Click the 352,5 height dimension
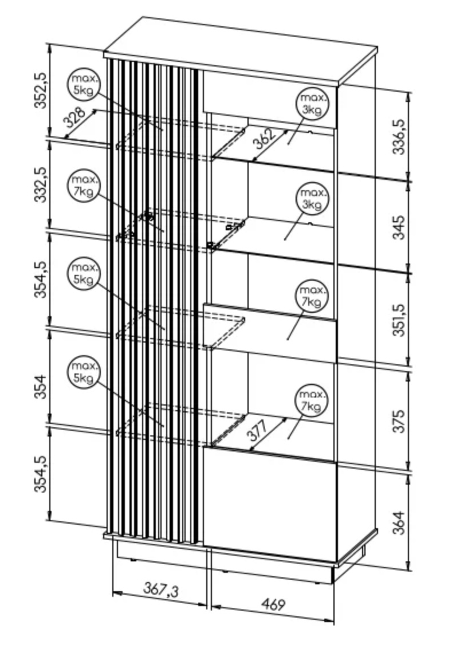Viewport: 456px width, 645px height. point(41,90)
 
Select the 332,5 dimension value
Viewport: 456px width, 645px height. point(41,184)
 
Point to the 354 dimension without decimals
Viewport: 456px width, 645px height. point(41,386)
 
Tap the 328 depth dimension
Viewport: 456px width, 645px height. point(74,117)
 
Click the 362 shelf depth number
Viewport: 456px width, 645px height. point(264,139)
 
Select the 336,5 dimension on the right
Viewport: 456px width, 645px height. point(398,136)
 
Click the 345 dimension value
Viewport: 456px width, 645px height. point(398,227)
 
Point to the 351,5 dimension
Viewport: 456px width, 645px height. point(398,320)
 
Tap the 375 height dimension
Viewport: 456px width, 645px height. point(398,420)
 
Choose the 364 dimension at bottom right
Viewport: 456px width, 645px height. point(398,522)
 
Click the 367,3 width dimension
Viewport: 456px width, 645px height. point(161,590)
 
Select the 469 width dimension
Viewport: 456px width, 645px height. point(273,604)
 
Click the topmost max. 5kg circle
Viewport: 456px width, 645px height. point(84,85)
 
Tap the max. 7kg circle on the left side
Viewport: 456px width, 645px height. point(84,186)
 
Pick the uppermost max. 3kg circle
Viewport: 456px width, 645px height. point(312,104)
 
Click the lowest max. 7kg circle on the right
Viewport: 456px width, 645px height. point(312,400)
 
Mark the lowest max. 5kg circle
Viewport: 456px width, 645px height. point(84,372)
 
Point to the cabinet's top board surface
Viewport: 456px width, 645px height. point(241,49)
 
